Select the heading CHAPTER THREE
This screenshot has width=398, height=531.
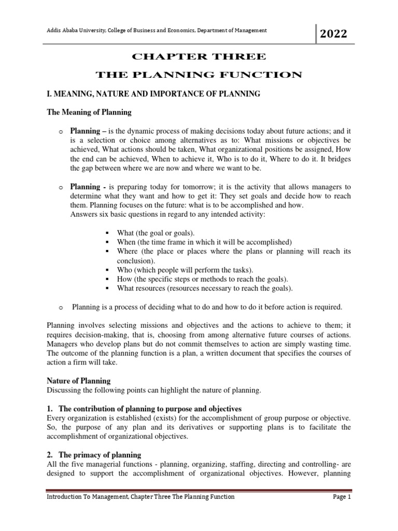point(198,56)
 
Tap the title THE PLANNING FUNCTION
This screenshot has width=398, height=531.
point(198,75)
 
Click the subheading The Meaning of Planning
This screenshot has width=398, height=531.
point(89,112)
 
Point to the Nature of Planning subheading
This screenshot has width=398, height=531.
point(79,381)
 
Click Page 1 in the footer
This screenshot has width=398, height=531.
point(342,497)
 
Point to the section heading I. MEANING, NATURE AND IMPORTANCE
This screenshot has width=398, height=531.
point(153,93)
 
